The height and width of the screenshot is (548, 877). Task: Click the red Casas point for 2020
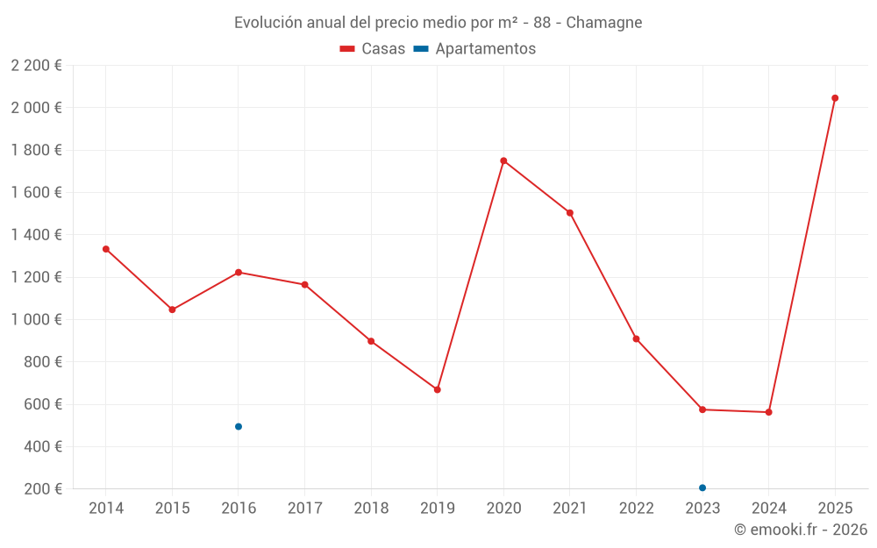503,160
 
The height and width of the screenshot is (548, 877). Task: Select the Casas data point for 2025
835,98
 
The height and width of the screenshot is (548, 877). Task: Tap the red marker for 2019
438,389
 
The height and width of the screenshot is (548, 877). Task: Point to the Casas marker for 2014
106,249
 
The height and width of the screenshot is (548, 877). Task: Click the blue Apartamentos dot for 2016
239,427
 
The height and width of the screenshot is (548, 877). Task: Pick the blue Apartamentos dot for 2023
702,488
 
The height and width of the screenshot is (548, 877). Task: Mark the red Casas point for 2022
636,338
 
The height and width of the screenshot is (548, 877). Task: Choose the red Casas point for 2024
769,412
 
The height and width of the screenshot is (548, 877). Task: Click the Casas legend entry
373,49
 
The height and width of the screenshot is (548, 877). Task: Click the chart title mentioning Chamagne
438,23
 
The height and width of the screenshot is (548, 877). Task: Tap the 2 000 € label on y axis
36,108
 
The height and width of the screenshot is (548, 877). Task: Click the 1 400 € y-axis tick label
36,235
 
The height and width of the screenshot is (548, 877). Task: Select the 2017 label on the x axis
304,509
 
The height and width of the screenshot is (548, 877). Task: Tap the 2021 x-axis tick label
570,509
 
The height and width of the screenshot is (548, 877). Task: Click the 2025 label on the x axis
835,509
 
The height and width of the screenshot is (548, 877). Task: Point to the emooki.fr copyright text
800,530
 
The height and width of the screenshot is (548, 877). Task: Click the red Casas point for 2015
172,310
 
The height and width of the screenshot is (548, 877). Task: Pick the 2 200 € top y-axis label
36,66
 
